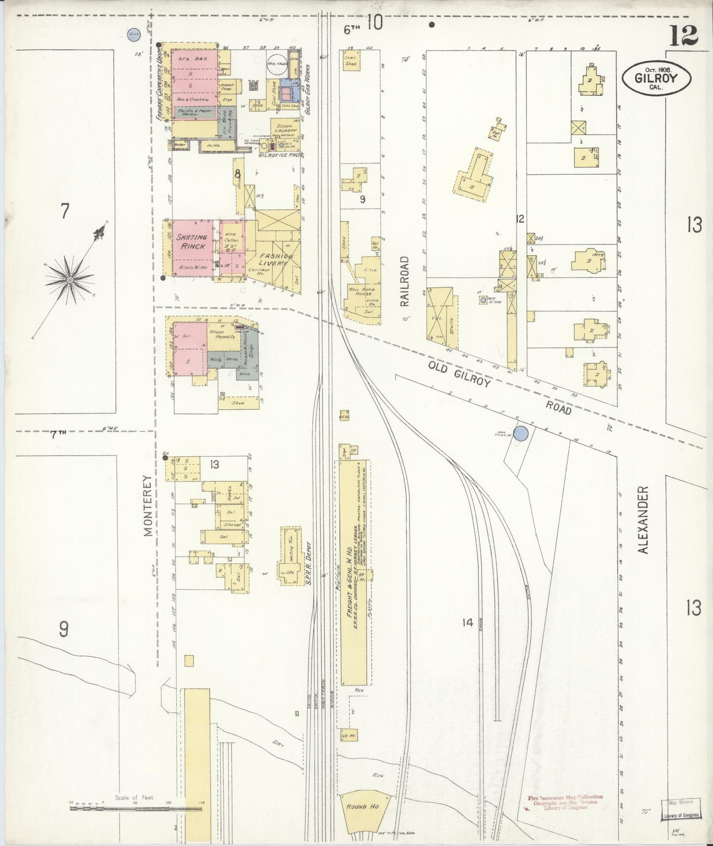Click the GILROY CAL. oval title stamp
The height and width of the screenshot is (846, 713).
point(656,78)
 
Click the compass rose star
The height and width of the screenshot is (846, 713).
point(70,280)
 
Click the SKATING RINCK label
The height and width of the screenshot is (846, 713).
point(193,242)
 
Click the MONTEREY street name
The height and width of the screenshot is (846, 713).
point(148,506)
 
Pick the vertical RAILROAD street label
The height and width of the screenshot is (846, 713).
point(405,281)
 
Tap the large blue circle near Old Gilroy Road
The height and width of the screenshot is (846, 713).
point(521,433)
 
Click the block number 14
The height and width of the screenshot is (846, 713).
point(467,623)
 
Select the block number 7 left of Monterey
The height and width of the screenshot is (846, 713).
point(65,211)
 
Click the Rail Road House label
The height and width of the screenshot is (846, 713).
point(359,291)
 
